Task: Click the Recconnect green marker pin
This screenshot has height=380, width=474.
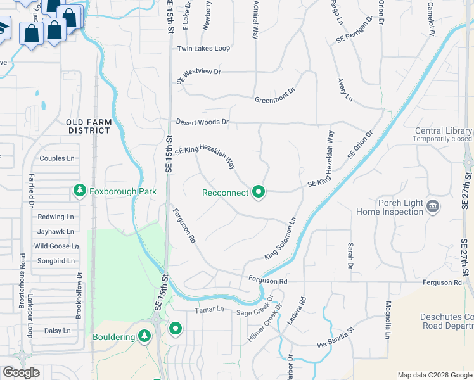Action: tap(258, 191)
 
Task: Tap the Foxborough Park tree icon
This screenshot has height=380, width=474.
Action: tap(80, 190)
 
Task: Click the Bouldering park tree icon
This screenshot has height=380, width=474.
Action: tap(145, 336)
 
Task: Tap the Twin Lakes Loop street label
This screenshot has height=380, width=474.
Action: tap(203, 49)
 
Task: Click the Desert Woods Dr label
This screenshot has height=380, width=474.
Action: tap(202, 122)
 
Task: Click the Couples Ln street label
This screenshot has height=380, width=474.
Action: tap(57, 158)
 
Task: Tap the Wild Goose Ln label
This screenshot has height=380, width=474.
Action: tap(56, 246)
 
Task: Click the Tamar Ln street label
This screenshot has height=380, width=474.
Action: tap(210, 309)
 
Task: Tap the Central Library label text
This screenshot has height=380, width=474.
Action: tap(443, 131)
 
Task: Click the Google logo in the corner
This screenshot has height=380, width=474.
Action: tap(21, 372)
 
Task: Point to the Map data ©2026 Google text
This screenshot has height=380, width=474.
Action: tap(435, 375)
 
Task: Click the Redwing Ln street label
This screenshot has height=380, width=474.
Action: tap(56, 217)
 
